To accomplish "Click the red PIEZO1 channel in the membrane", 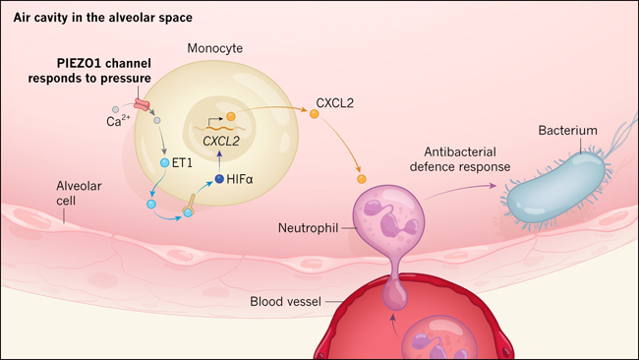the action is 142,104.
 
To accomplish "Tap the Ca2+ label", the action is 118,121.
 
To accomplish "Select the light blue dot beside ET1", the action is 164,163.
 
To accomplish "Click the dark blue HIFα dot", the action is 219,179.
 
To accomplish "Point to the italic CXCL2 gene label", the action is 221,141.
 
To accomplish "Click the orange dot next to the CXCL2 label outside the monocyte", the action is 315,114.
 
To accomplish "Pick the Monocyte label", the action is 214,48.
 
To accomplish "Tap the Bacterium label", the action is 567,131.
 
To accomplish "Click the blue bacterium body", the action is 556,188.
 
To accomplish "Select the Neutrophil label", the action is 308,228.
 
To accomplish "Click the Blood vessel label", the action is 286,302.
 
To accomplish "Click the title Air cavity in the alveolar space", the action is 102,18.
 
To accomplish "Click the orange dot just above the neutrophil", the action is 362,179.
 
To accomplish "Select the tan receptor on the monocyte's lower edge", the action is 189,205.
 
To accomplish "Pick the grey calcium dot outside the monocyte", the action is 115,109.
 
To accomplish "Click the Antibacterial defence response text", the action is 460,159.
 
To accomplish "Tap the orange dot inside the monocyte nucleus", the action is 231,117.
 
